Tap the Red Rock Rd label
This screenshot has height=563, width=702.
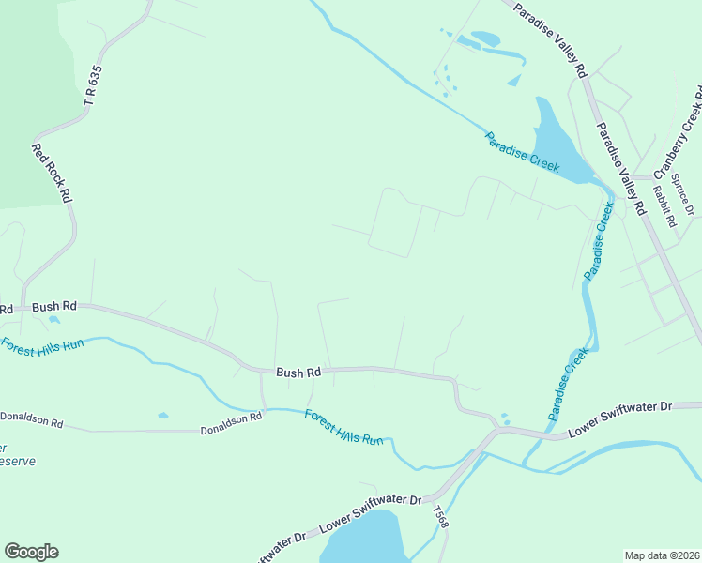(52, 173)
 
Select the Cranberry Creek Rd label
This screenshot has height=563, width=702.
(679, 132)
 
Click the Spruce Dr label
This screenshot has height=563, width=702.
(683, 197)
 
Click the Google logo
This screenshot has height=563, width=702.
(31, 552)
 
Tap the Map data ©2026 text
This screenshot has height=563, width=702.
(661, 555)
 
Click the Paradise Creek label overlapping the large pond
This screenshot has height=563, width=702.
(522, 151)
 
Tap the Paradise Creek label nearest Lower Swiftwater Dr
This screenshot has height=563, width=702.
(569, 384)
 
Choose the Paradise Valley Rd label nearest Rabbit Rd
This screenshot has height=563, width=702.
(622, 170)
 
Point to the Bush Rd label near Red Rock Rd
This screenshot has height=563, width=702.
(53, 306)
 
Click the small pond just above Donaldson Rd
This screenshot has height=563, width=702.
(163, 415)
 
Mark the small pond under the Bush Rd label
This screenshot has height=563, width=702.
(54, 320)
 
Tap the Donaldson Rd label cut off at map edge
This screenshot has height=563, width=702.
(31, 419)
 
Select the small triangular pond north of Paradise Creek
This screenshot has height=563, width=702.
(514, 81)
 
